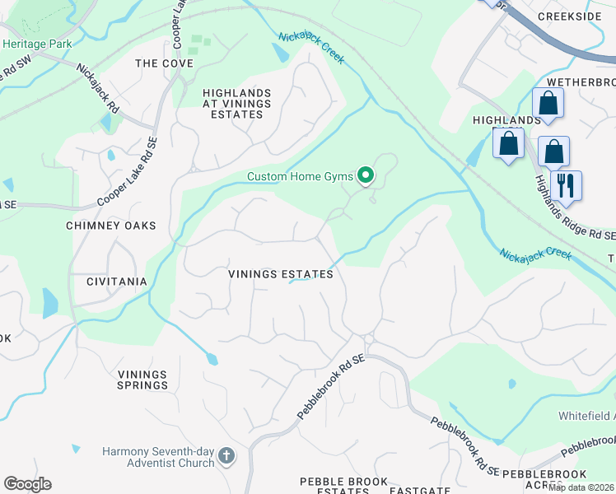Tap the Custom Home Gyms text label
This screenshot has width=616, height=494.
tap(301, 176)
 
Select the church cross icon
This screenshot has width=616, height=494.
tap(227, 456)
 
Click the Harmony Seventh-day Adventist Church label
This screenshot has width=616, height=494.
tap(158, 457)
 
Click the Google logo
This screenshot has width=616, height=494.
tap(27, 484)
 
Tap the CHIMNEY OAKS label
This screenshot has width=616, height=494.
tap(111, 225)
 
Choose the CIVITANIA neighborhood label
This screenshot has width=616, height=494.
tap(116, 282)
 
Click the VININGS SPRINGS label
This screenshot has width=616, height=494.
tap(142, 380)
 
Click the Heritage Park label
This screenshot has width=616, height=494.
tap(37, 44)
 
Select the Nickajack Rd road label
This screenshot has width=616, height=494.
tap(99, 89)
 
